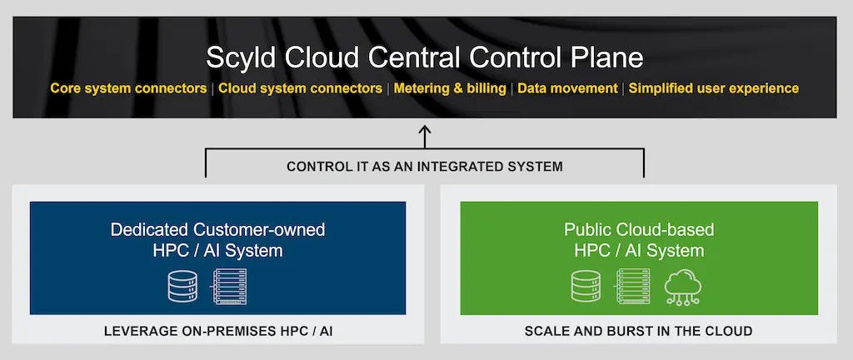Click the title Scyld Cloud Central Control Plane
425,57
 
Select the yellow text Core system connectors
128,88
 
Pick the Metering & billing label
450,88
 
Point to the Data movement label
567,88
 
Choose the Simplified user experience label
714,88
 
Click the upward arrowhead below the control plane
425,131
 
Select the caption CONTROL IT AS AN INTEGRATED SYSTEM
425,167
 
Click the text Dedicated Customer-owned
217,229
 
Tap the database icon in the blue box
182,286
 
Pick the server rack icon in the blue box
231,286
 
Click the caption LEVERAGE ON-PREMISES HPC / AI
217,331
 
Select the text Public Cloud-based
639,229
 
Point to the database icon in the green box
586,286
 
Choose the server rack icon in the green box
633,286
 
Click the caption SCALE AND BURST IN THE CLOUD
638,331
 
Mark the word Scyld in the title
242,58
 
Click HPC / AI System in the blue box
217,251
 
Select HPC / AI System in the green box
639,251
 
